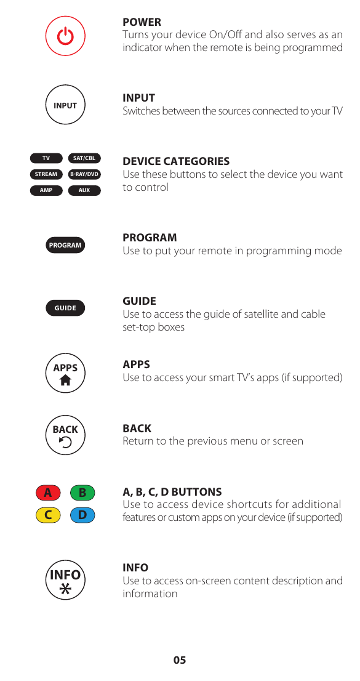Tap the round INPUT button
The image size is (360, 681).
(x=65, y=105)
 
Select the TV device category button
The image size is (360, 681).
(x=46, y=158)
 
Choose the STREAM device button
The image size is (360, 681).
(x=46, y=174)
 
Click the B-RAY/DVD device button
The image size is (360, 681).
(x=84, y=174)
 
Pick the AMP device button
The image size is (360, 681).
(x=46, y=190)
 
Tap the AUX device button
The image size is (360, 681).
(x=84, y=190)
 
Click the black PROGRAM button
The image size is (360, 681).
(x=65, y=245)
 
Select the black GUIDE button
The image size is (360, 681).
(x=65, y=308)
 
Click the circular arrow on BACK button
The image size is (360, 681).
(x=65, y=442)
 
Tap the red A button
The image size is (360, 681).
(x=48, y=493)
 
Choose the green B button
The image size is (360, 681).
(x=82, y=493)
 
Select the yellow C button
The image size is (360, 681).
(x=48, y=515)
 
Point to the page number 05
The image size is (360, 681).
(x=179, y=660)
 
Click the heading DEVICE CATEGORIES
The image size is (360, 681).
(x=176, y=161)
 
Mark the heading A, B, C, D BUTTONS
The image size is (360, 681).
(x=172, y=492)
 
